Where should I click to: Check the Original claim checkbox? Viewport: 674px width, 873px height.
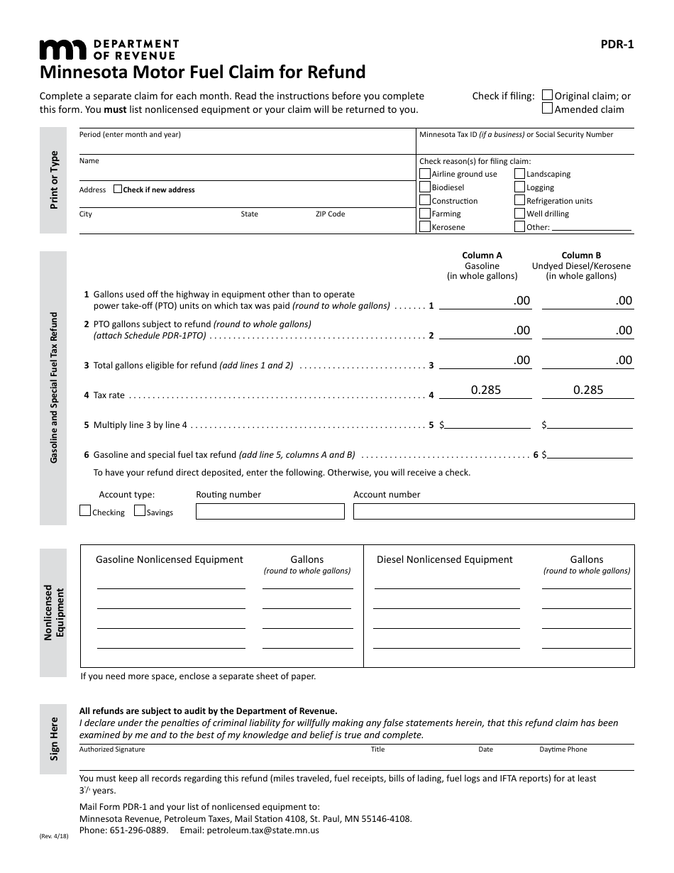[547, 95]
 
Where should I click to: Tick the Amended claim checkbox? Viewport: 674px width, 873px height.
[547, 109]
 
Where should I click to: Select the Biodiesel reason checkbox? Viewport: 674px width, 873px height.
[425, 187]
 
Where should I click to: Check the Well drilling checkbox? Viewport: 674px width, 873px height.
[519, 214]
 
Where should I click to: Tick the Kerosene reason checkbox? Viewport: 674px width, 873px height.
[425, 227]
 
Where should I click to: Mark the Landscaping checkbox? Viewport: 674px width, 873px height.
[519, 174]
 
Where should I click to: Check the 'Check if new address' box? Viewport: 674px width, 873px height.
[118, 190]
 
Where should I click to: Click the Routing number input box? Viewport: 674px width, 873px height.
[270, 511]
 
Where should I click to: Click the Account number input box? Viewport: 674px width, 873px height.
[494, 511]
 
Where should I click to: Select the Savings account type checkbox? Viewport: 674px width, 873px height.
[140, 511]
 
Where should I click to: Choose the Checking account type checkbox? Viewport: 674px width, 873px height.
[85, 511]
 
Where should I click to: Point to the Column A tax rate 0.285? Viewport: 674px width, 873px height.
[486, 390]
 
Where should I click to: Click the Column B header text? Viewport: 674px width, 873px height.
[581, 256]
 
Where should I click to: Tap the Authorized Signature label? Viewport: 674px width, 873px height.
[112, 750]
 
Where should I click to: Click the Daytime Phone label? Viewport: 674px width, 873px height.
[563, 750]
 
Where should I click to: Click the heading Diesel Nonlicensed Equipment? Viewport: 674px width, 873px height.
[444, 559]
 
